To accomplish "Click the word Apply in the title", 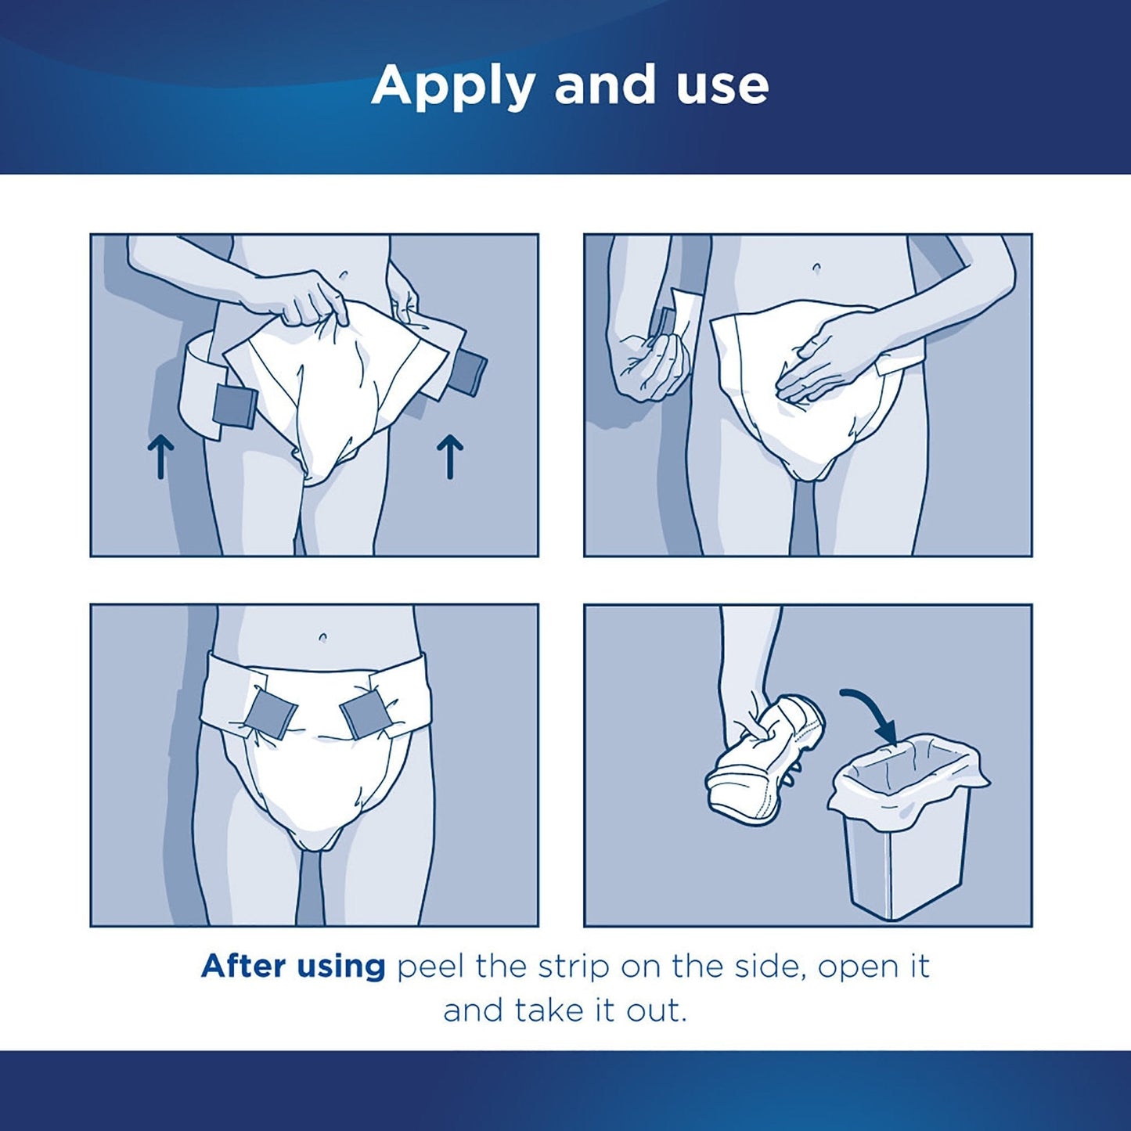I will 452,86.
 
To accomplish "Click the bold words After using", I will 293,967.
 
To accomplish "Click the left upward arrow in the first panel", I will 160,457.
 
